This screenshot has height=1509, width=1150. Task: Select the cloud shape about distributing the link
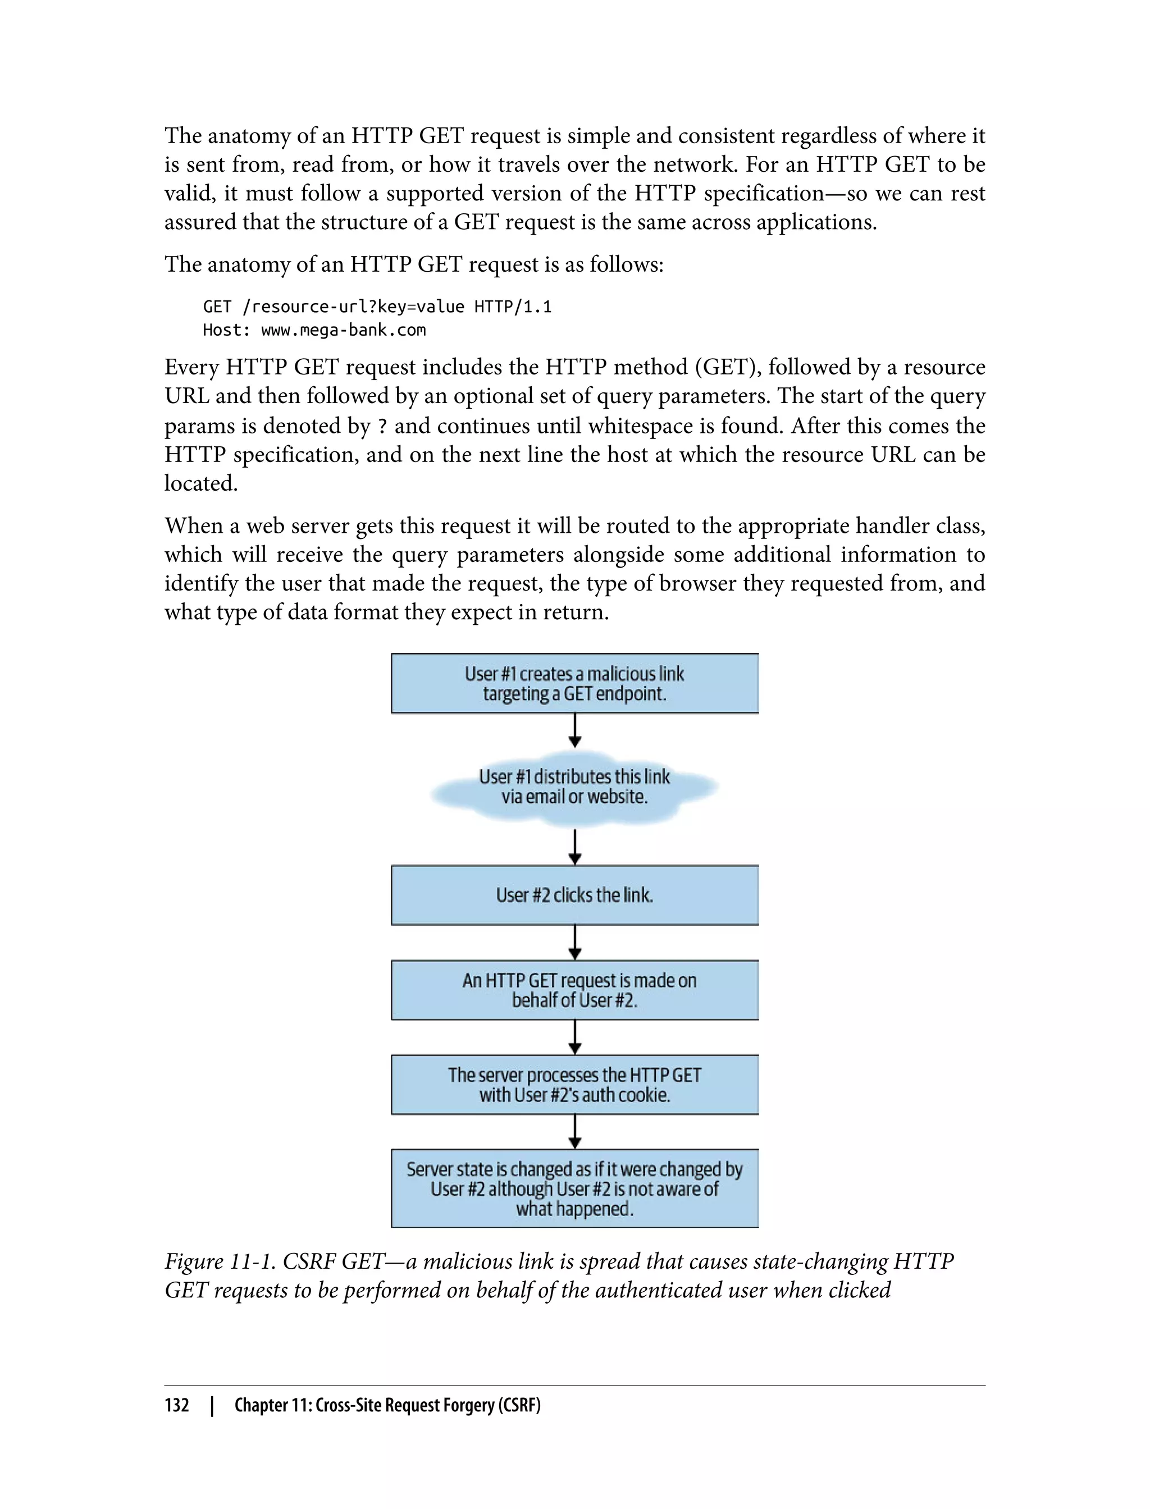click(574, 787)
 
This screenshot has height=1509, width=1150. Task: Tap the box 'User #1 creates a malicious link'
click(574, 683)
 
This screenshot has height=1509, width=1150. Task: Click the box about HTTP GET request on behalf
click(574, 990)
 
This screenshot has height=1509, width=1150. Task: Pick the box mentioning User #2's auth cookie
click(574, 1084)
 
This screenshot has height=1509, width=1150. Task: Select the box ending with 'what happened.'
click(574, 1188)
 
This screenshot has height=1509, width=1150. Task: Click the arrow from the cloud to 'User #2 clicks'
click(575, 847)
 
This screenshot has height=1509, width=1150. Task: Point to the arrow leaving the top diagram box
click(575, 730)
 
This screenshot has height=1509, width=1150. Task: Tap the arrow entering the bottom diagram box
click(575, 1131)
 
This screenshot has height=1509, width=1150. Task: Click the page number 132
click(177, 1405)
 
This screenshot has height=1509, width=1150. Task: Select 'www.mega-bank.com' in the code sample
click(344, 330)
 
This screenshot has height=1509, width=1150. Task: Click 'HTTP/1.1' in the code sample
click(513, 307)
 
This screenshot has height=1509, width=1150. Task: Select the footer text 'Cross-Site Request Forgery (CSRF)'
click(428, 1405)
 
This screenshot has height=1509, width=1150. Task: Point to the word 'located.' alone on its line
click(200, 483)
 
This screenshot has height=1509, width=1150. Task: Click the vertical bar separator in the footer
click(212, 1405)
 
